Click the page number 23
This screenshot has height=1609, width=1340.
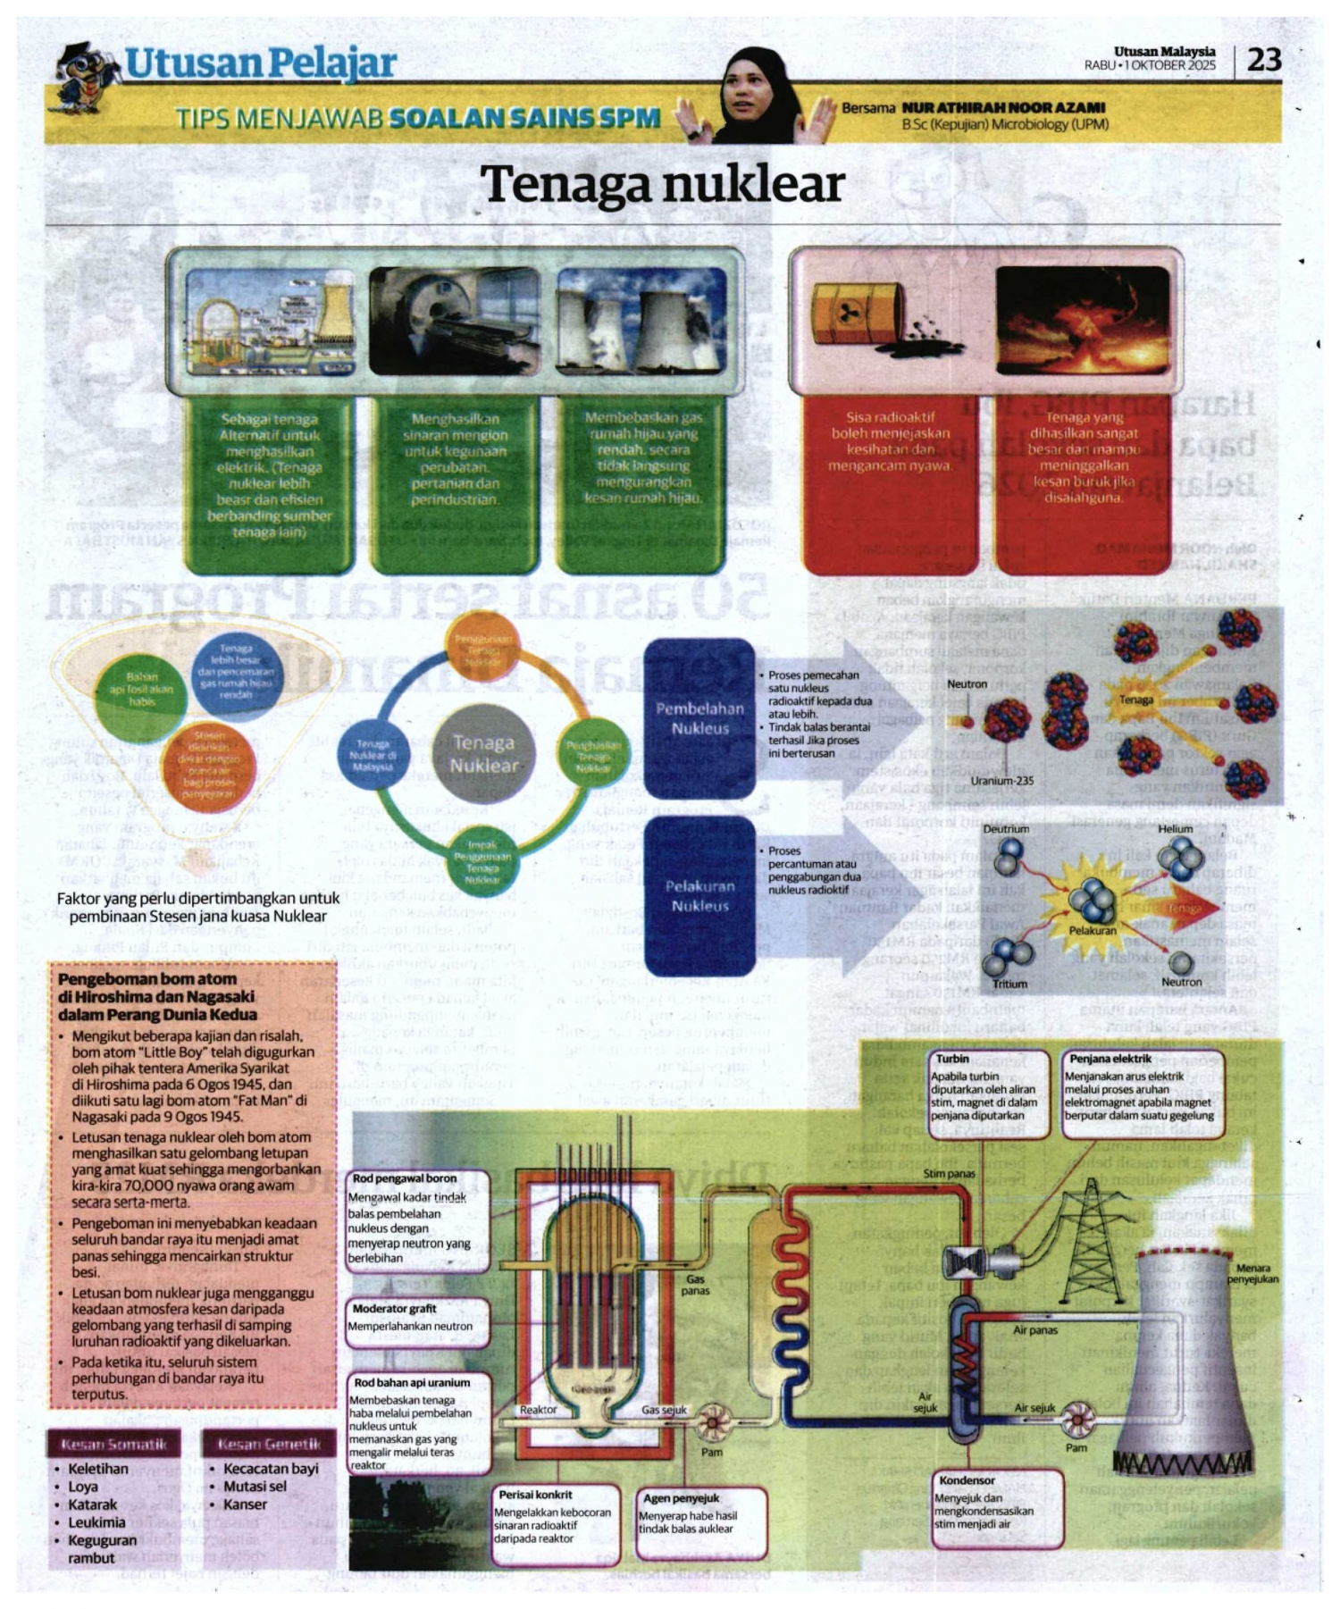(x=1263, y=60)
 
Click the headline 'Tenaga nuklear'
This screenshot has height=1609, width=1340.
(x=662, y=184)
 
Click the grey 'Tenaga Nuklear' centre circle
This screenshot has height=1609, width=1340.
(x=483, y=753)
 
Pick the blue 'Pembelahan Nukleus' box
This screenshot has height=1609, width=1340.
(x=699, y=718)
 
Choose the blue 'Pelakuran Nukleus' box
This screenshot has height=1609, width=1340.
(x=699, y=895)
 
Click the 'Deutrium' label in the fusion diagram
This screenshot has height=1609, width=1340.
(x=1005, y=829)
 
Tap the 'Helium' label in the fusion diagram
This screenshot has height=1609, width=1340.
(x=1175, y=829)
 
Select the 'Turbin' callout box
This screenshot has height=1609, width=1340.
(x=989, y=1093)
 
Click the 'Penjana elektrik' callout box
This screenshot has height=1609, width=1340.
(x=1141, y=1093)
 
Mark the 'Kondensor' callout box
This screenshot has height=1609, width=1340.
(x=998, y=1510)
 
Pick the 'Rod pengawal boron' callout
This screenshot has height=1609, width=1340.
(x=417, y=1219)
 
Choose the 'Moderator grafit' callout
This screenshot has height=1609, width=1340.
(x=418, y=1320)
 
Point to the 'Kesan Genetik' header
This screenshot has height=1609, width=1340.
(x=269, y=1445)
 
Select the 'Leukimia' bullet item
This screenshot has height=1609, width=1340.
(x=96, y=1522)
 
